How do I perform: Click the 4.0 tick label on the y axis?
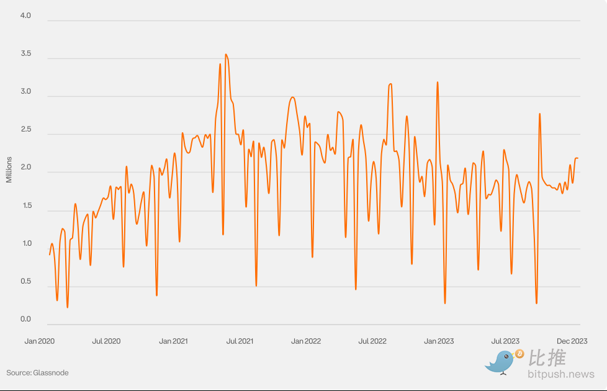click(25, 16)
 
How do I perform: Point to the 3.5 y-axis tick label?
click(25, 55)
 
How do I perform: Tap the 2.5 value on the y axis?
click(25, 130)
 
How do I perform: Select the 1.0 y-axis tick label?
click(25, 243)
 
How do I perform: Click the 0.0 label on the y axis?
click(25, 320)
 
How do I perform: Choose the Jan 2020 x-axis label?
click(40, 341)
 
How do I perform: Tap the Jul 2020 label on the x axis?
click(106, 341)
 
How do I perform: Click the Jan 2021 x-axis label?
click(173, 341)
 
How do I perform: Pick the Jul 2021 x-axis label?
click(240, 341)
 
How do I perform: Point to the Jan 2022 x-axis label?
click(306, 341)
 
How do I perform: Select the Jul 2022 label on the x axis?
click(372, 341)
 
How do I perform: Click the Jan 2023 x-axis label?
click(439, 341)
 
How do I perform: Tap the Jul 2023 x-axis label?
click(505, 341)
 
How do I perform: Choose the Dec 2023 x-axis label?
click(572, 341)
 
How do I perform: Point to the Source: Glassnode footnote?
click(38, 372)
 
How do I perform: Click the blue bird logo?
click(499, 362)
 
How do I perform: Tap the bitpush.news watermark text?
click(561, 374)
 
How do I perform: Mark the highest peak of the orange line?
click(226, 55)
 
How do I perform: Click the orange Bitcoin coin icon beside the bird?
click(519, 354)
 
